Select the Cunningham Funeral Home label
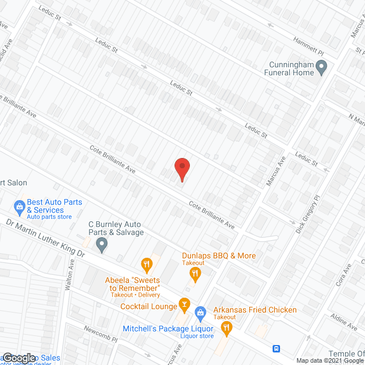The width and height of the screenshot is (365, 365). [289, 68]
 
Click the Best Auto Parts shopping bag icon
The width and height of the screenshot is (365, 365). [19, 205]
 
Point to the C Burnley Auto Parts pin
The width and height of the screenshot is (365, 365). [102, 245]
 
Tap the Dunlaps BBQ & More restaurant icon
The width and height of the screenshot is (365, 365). [195, 274]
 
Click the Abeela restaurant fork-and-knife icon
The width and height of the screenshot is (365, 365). [147, 263]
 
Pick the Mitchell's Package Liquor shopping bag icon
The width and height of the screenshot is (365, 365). [200, 313]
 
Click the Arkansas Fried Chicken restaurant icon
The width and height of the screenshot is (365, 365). [226, 327]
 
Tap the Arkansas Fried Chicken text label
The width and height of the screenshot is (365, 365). [255, 310]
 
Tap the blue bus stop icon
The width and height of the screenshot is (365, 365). [276, 348]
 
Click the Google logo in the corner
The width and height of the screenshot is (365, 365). [19, 358]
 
